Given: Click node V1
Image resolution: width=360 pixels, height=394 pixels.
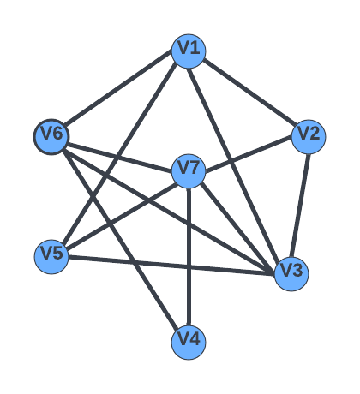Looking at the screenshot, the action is (x=189, y=51).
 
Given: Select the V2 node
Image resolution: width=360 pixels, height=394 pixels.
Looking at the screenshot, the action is (x=309, y=137).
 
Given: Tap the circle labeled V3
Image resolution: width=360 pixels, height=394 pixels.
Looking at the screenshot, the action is (x=291, y=274).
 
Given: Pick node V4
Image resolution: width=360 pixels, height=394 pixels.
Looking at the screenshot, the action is (x=189, y=343).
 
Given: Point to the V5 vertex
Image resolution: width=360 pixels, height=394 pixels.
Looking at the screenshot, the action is (x=51, y=257).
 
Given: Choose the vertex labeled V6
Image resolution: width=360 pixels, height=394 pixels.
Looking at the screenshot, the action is (x=51, y=137).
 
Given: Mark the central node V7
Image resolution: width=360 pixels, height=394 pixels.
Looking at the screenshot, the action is (x=189, y=171).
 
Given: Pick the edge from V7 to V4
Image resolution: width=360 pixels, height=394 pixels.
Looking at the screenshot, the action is (x=189, y=257).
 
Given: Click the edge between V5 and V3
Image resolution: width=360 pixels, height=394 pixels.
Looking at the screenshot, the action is (x=171, y=266).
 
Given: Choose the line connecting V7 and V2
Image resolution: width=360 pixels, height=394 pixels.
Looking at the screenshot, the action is (x=249, y=154).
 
